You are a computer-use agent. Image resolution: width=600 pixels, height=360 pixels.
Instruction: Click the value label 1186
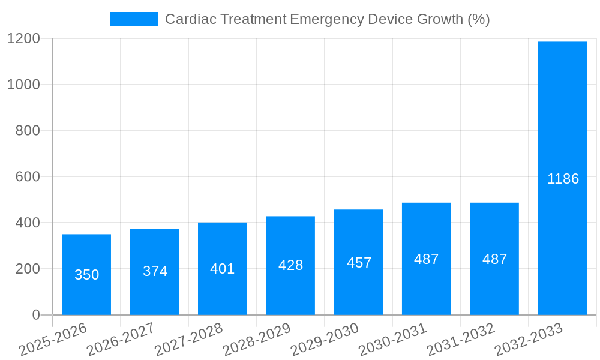[563, 179]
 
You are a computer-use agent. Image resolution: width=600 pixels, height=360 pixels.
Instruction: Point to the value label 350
[86, 275]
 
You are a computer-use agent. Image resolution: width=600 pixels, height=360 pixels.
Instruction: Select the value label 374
[155, 271]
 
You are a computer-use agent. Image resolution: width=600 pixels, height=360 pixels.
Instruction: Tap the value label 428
[290, 265]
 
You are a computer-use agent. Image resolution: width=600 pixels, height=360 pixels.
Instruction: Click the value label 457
[359, 263]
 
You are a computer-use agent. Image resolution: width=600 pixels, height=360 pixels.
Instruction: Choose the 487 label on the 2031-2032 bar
[494, 259]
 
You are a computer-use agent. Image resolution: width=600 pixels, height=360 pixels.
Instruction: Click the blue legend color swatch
[133, 19]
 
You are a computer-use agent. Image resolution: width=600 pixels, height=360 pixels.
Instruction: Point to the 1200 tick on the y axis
[24, 39]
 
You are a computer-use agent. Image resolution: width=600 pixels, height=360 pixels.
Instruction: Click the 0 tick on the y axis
[35, 315]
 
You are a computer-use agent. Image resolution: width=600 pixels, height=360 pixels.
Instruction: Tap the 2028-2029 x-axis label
[257, 340]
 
